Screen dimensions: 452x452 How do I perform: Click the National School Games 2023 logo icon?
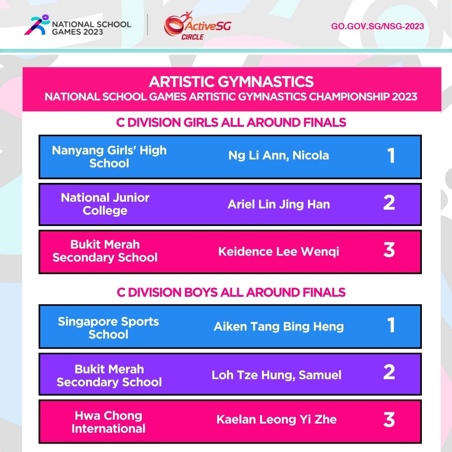point(34,25)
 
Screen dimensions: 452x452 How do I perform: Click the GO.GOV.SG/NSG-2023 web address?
point(378,26)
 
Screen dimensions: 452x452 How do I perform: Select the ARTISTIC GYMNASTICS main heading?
point(231,81)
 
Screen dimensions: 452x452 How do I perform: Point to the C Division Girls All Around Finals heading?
point(231,122)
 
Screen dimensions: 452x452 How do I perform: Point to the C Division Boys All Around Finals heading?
point(231,292)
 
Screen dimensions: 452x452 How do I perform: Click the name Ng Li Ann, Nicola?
point(279,156)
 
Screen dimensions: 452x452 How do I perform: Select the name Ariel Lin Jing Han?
point(279,204)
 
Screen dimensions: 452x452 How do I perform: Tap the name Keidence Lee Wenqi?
point(279,252)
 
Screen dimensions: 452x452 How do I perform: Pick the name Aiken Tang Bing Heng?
point(279,326)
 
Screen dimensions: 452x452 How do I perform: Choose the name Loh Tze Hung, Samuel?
point(277,375)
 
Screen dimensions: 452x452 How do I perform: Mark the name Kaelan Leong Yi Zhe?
point(277,419)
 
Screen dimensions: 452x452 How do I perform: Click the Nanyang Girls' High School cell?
point(109,157)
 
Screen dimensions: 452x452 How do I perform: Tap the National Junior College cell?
point(105,204)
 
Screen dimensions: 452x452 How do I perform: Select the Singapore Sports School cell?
point(108,328)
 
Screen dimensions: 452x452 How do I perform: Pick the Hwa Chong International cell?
point(108,422)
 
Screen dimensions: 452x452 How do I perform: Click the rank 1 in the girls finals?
point(391,156)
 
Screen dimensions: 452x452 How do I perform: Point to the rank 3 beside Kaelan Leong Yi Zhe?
point(389,420)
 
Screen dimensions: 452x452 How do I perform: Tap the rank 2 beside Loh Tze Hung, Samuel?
point(389,372)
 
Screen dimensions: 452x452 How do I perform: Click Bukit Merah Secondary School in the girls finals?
point(105,251)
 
